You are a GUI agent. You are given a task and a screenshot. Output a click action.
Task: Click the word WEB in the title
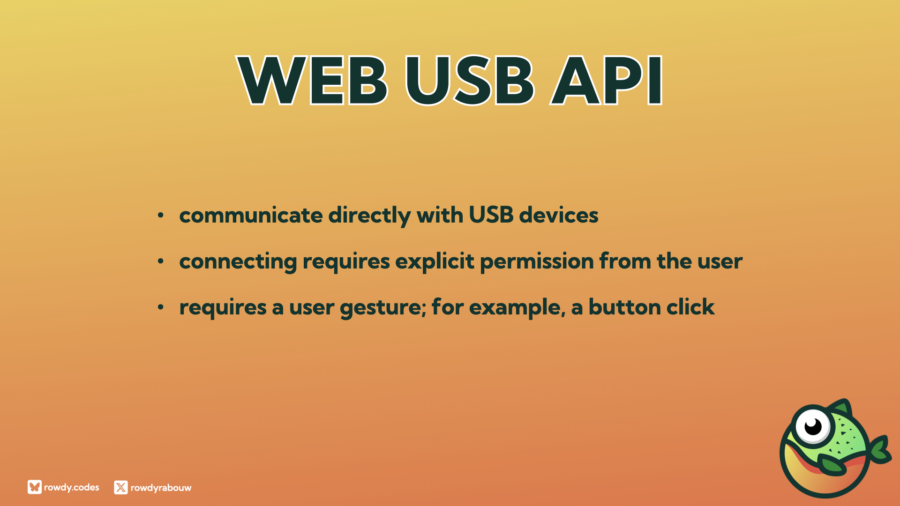pyautogui.click(x=313, y=80)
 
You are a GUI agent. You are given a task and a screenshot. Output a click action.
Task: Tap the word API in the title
pyautogui.click(x=607, y=80)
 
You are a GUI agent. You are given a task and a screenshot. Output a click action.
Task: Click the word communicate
pyautogui.click(x=251, y=215)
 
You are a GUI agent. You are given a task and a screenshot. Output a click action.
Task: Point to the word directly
pyautogui.click(x=369, y=216)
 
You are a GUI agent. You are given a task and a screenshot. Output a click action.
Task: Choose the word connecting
pyautogui.click(x=238, y=262)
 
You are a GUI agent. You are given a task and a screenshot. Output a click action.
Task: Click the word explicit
pyautogui.click(x=435, y=261)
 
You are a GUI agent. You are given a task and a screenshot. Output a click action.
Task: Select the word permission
pyautogui.click(x=537, y=261)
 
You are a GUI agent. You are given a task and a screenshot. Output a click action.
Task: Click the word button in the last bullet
pyautogui.click(x=625, y=307)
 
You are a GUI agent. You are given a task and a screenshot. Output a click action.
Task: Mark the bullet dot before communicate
pyautogui.click(x=161, y=215)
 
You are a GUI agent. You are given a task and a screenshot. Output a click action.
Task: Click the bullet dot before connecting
pyautogui.click(x=161, y=261)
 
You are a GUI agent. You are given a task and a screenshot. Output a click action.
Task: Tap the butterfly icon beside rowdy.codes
pyautogui.click(x=35, y=487)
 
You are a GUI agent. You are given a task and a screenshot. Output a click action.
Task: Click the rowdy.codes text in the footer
pyautogui.click(x=72, y=487)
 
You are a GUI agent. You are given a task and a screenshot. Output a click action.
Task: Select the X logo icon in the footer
pyautogui.click(x=121, y=488)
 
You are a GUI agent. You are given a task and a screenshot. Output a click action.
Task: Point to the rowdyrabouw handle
pyautogui.click(x=161, y=488)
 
